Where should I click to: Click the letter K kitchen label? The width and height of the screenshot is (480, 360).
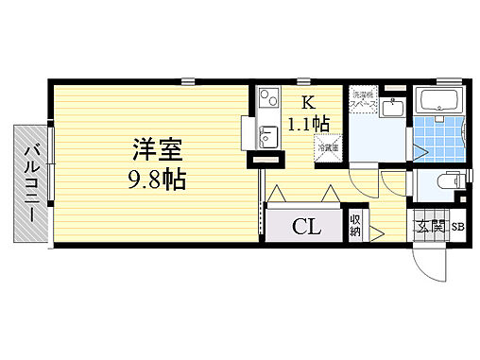click(x=308, y=103)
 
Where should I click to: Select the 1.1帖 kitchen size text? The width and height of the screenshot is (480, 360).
click(x=308, y=123)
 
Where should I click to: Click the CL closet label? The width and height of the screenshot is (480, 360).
click(x=304, y=227)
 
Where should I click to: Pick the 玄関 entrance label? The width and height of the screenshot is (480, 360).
click(x=429, y=227)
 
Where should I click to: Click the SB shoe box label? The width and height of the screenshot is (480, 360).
click(x=457, y=227)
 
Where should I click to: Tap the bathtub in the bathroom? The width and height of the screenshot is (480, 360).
click(x=437, y=101)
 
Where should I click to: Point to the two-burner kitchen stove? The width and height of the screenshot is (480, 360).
click(x=266, y=97)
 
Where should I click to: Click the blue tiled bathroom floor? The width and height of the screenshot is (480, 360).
click(x=437, y=138)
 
